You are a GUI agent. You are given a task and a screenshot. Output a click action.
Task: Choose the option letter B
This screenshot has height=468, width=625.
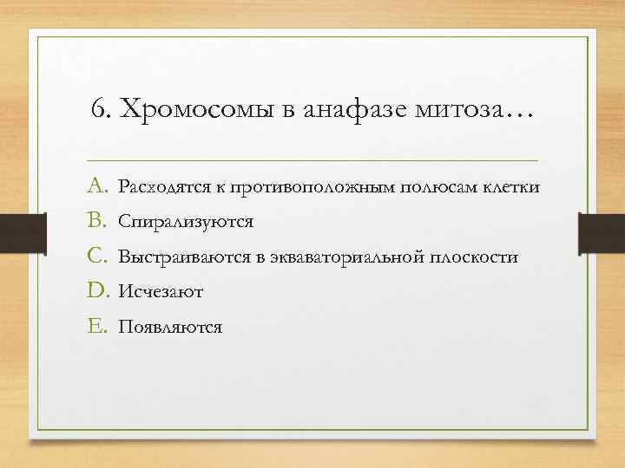pyautogui.click(x=96, y=221)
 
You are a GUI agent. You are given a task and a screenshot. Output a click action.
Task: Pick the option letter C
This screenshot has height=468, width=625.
pyautogui.click(x=97, y=257)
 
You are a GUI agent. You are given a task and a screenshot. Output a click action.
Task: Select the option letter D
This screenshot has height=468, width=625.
pyautogui.click(x=97, y=292)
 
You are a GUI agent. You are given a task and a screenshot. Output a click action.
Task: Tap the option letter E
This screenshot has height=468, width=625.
pyautogui.click(x=96, y=327)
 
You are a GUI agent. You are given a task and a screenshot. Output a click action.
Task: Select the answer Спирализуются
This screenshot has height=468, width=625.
pyautogui.click(x=186, y=222)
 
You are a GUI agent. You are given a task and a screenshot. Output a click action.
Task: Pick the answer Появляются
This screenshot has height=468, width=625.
pyautogui.click(x=170, y=328)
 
